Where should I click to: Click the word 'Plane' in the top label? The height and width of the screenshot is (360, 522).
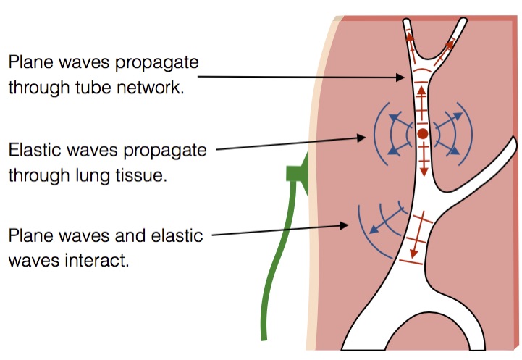click(x=30, y=62)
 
